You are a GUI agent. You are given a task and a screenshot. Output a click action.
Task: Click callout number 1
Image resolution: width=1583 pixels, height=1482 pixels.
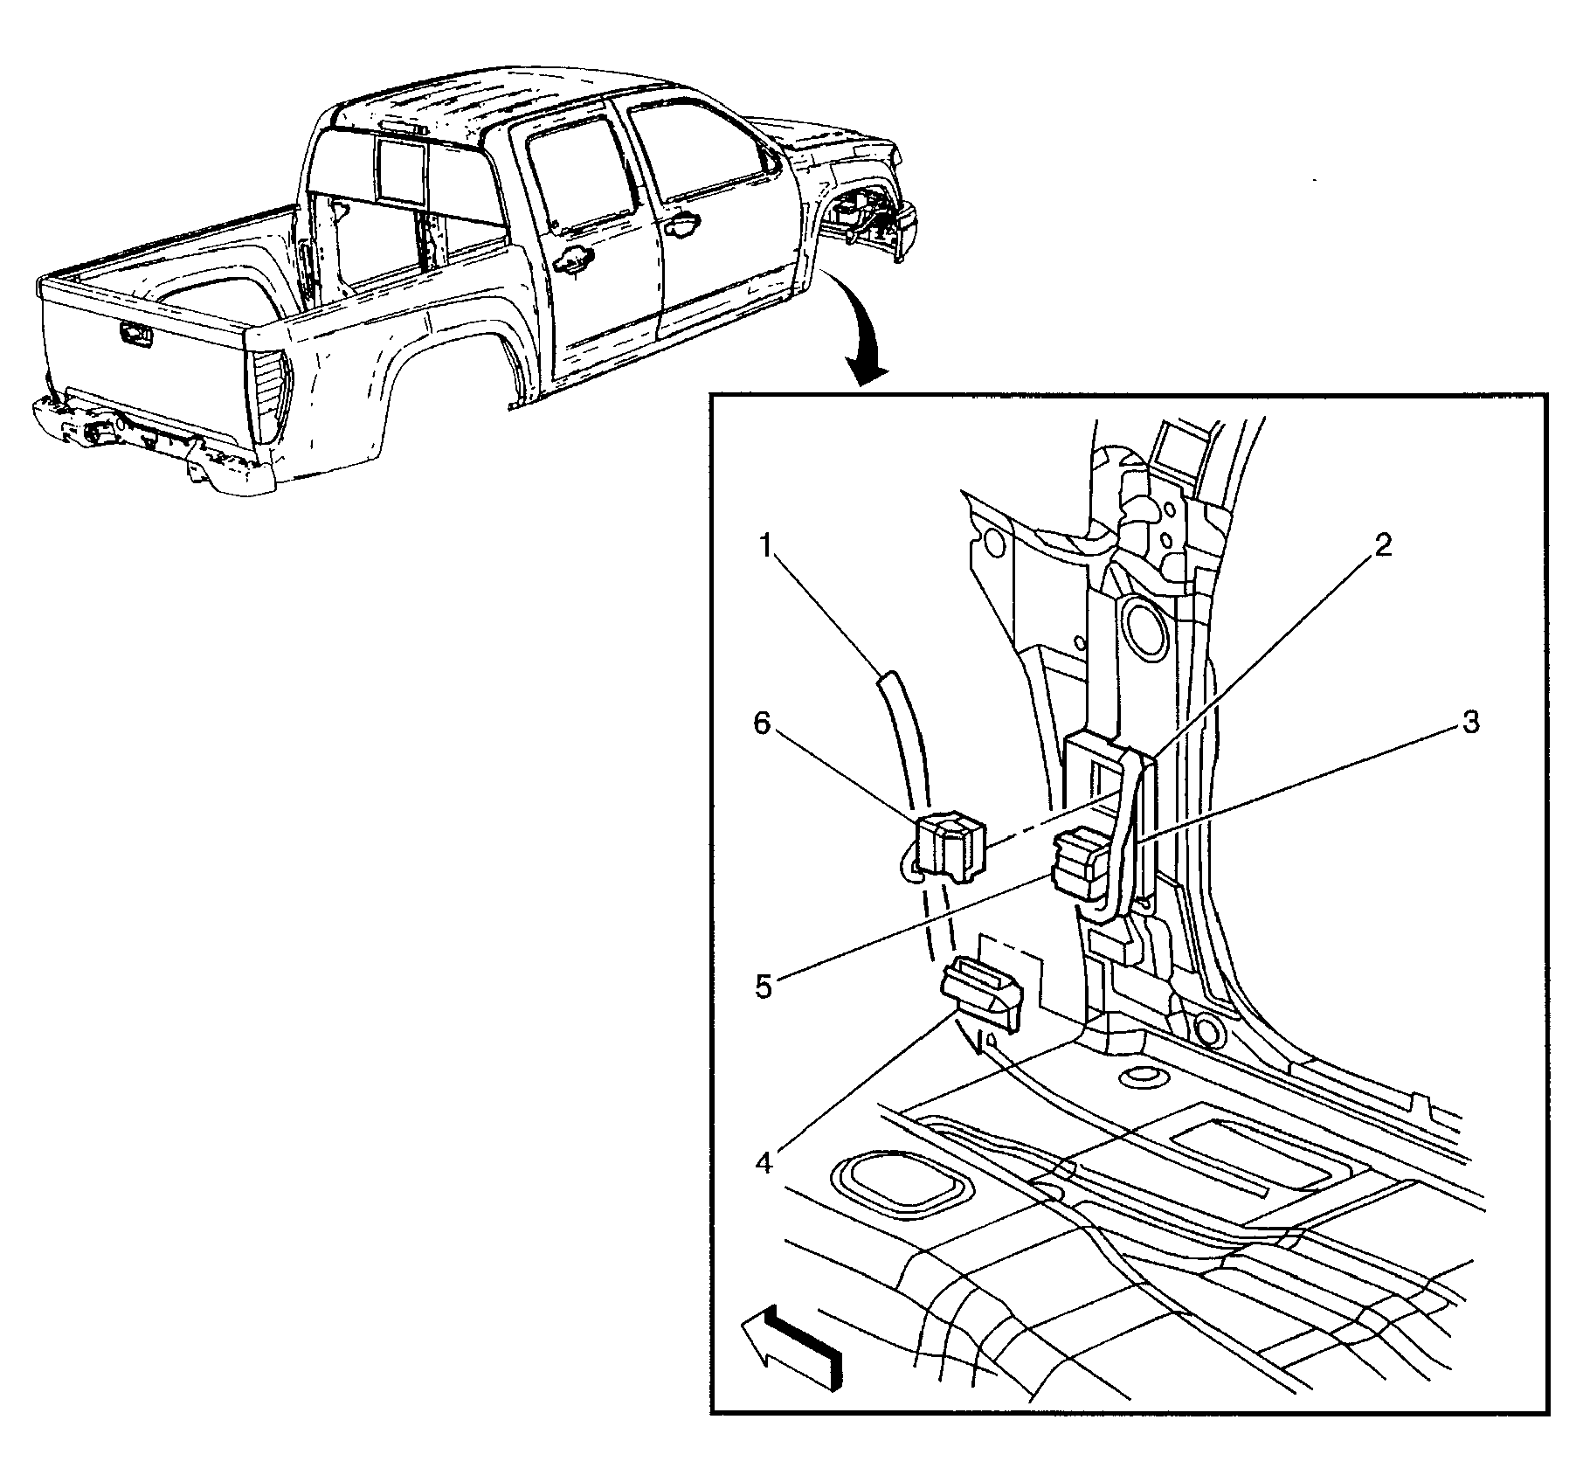coord(766,548)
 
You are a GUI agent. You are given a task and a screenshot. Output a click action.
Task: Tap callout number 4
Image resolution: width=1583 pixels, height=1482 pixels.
coord(764,1164)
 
